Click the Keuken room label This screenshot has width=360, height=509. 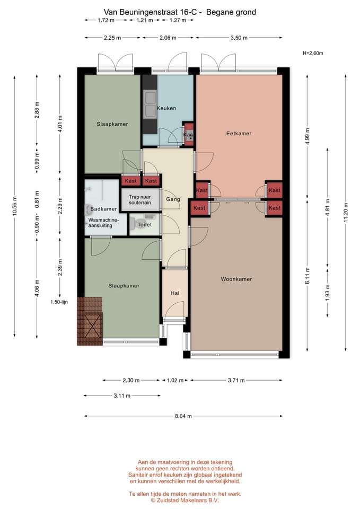[166, 108]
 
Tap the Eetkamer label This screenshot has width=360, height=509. [239, 134]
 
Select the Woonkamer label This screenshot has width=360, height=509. [236, 279]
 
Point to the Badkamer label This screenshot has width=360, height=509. [103, 209]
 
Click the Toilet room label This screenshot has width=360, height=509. [144, 224]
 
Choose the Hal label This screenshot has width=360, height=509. [175, 293]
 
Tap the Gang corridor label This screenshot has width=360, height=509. [173, 199]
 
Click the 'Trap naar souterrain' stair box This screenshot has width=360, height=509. [140, 200]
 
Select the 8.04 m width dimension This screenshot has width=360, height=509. [183, 416]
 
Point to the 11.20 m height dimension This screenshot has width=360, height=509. [346, 213]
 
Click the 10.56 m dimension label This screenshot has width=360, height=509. [14, 206]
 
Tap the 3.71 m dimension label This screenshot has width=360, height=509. [236, 380]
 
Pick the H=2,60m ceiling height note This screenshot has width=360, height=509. [313, 53]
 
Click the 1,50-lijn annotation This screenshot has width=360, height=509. [59, 302]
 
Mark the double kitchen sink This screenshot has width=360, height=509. [150, 103]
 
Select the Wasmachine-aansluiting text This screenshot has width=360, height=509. [103, 223]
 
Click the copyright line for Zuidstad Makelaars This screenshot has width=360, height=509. [185, 500]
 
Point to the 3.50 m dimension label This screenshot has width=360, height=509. [239, 38]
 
